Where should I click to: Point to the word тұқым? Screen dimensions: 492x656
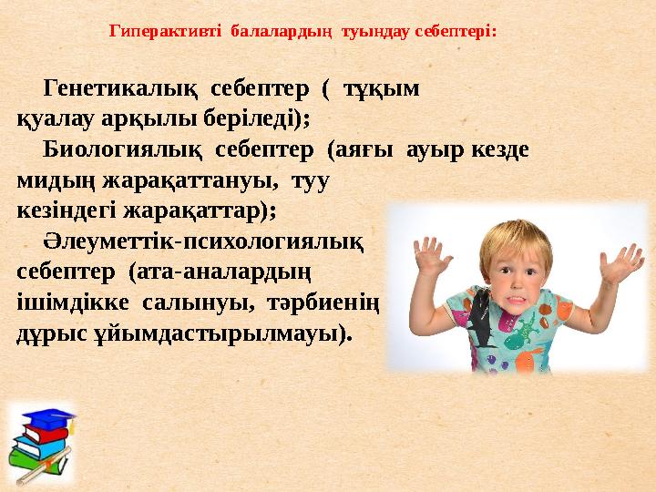[x=380, y=90]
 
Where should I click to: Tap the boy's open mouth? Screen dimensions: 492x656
[x=520, y=296]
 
